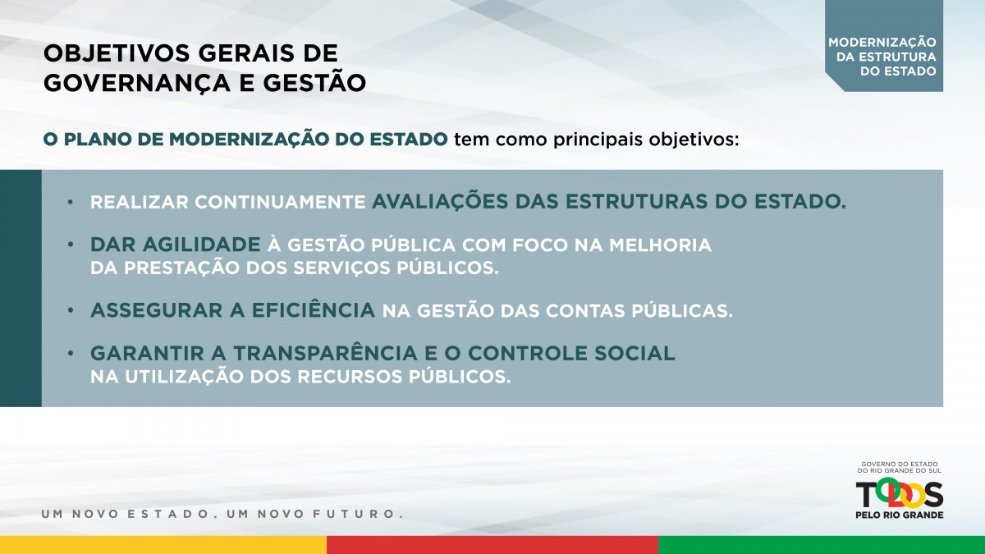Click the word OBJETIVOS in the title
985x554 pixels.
point(116,53)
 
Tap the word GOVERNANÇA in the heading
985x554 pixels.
point(137,83)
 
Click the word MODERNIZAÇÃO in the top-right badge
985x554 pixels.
point(882,42)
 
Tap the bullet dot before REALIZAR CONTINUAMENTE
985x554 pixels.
point(71,202)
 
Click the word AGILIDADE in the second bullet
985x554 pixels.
point(201,245)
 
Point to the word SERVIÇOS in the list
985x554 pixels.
point(341,268)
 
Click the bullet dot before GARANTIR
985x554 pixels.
point(71,353)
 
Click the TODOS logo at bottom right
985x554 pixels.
point(900,494)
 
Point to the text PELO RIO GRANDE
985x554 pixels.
point(900,515)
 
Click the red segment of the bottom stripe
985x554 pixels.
point(492,545)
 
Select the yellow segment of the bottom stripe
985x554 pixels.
point(163,545)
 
